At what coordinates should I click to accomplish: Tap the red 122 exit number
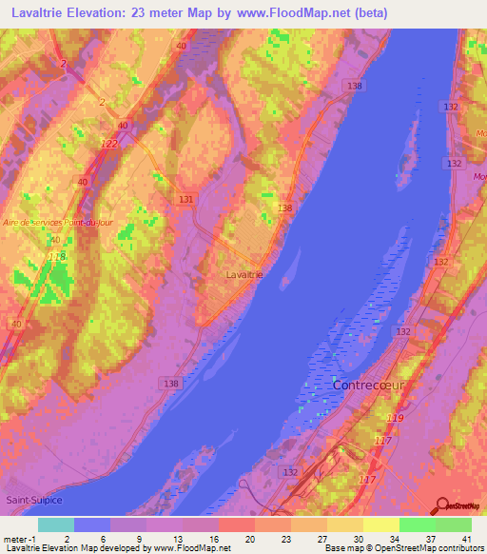(x=109, y=144)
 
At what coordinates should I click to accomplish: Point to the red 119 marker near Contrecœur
(x=396, y=418)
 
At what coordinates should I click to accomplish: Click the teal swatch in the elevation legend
(x=55, y=524)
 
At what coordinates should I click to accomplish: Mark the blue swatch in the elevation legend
(x=91, y=524)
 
